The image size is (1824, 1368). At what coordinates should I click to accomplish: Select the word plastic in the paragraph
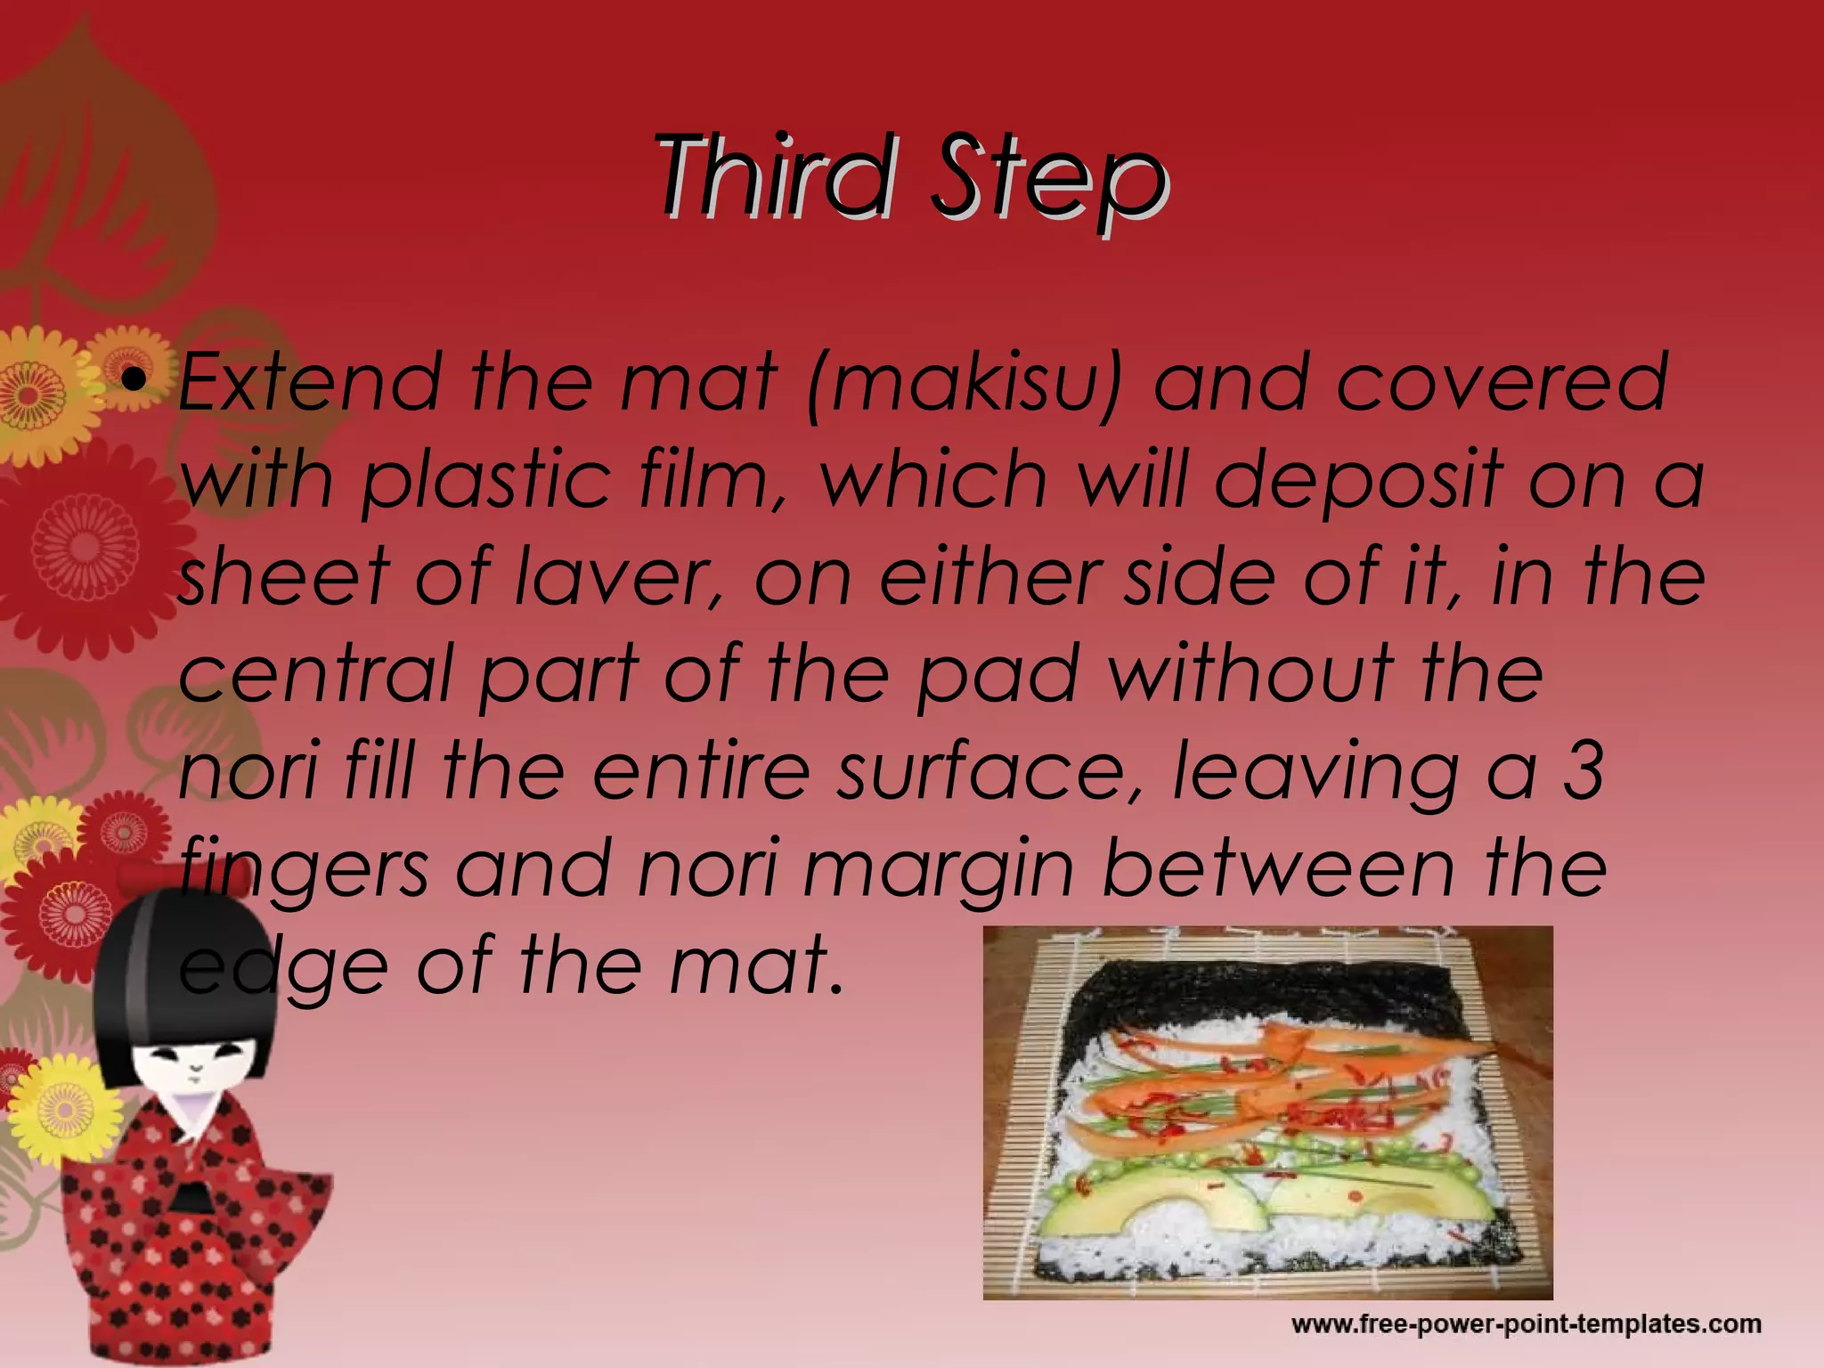click(485, 481)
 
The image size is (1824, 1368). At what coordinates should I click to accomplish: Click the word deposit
click(1358, 481)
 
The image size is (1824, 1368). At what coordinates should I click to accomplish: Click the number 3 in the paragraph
click(1584, 770)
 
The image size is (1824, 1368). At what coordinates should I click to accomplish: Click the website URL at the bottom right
click(1526, 1324)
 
